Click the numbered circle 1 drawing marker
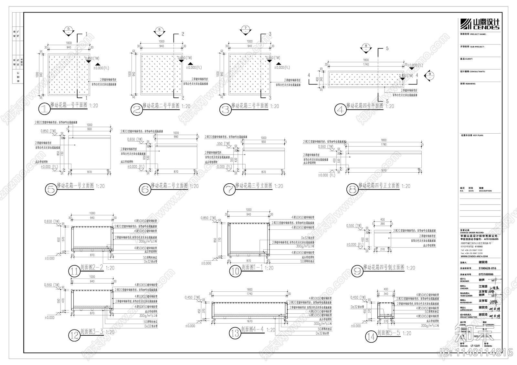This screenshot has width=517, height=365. click(44, 109)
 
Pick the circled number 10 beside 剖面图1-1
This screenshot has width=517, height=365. click(235, 271)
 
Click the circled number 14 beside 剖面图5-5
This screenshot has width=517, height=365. click(371, 337)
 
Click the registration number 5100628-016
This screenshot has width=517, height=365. click(487, 268)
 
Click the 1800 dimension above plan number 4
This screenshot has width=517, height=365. click(366, 60)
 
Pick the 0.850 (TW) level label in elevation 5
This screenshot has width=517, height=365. click(48, 131)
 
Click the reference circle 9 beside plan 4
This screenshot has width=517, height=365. click(429, 74)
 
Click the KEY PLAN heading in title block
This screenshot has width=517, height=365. click(471, 136)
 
